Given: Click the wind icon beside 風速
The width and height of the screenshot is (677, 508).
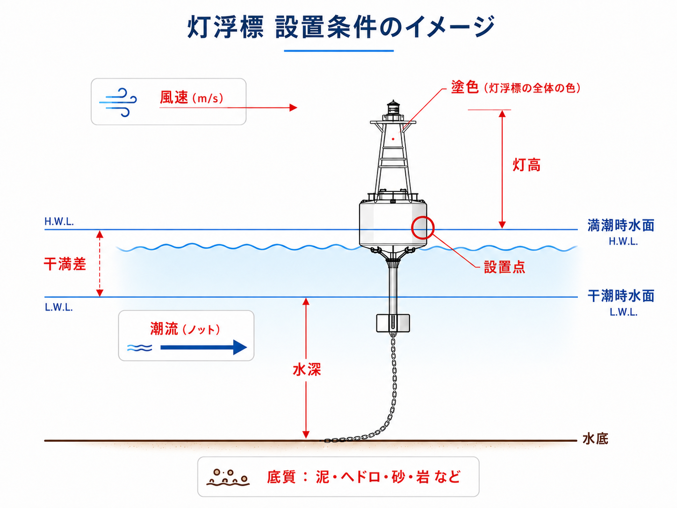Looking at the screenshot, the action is pos(118,102).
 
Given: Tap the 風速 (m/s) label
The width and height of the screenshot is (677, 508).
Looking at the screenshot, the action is pos(191,97).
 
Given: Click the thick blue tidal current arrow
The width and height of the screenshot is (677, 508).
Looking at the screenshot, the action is pos(203,347).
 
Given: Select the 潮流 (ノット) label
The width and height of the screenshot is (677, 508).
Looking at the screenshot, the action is pos(185,329).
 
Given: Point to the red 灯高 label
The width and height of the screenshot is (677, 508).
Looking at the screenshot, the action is pos(526,165).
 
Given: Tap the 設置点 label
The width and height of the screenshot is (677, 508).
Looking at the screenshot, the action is pos(504,267).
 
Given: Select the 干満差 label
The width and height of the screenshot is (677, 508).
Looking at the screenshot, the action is pos(65,264).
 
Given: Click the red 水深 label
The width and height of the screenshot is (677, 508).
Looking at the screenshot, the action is pos(307,370).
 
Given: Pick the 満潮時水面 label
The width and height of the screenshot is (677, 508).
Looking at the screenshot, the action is pos(620,225).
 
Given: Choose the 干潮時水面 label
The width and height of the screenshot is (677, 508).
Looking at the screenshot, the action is pos(620,296).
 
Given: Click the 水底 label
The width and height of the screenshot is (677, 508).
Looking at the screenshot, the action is pos(595,439).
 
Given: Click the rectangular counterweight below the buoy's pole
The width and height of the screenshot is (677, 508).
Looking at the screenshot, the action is pos(393,323).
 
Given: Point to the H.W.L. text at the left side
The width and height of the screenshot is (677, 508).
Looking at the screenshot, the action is pos(59,221).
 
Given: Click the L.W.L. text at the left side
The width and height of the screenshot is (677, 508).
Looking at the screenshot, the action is pos(59,307).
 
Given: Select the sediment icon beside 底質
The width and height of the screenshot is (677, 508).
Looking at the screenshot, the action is pos(228,478).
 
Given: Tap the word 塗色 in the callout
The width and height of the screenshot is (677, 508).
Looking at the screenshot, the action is pos(465,87).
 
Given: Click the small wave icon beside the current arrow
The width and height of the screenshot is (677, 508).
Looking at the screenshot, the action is pos(140,348).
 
